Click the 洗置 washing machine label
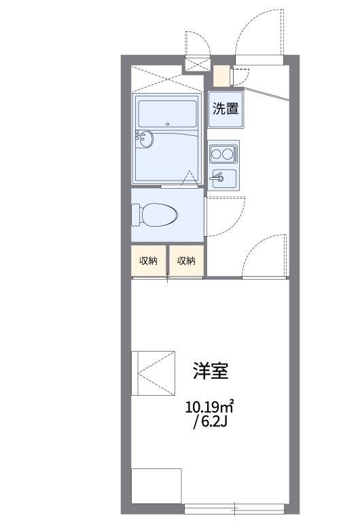coord(226,109)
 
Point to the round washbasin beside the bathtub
coord(145,140)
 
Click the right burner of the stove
coord(229,154)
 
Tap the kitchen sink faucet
coord(218,179)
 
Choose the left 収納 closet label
coord(148,261)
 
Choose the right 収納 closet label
coord(187,261)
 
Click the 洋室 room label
coord(210,371)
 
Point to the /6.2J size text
coord(210,422)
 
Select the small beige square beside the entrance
coord(221,75)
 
